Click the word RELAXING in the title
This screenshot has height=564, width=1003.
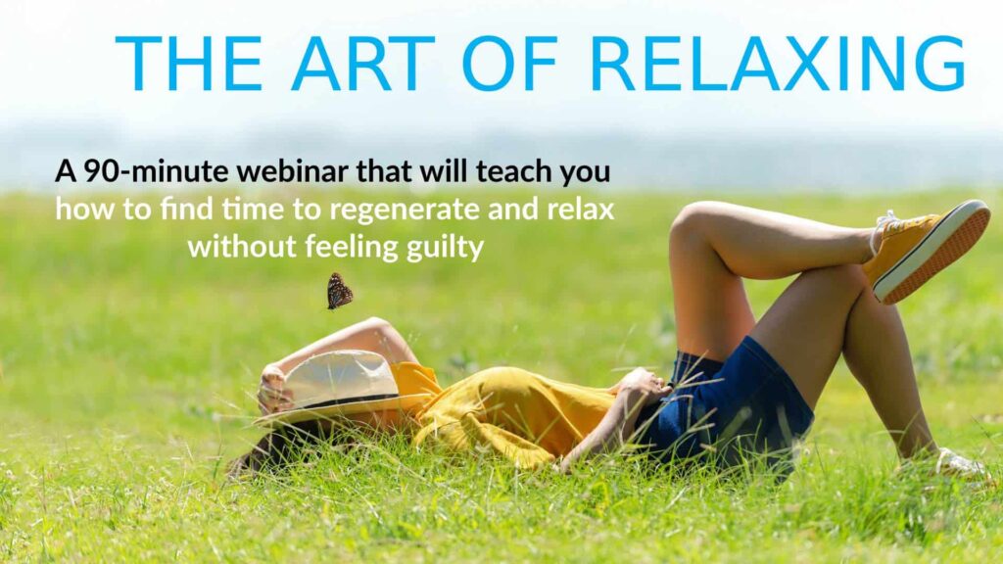pyautogui.click(x=777, y=64)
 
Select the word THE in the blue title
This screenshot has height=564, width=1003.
pyautogui.click(x=189, y=64)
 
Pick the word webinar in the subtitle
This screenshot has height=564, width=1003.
pyautogui.click(x=292, y=171)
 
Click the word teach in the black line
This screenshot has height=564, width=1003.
pyautogui.click(x=514, y=171)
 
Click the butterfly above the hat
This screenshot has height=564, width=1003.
pyautogui.click(x=339, y=292)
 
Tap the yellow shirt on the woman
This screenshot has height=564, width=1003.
pyautogui.click(x=505, y=412)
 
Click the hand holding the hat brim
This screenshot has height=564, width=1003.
pyautogui.click(x=272, y=388)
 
